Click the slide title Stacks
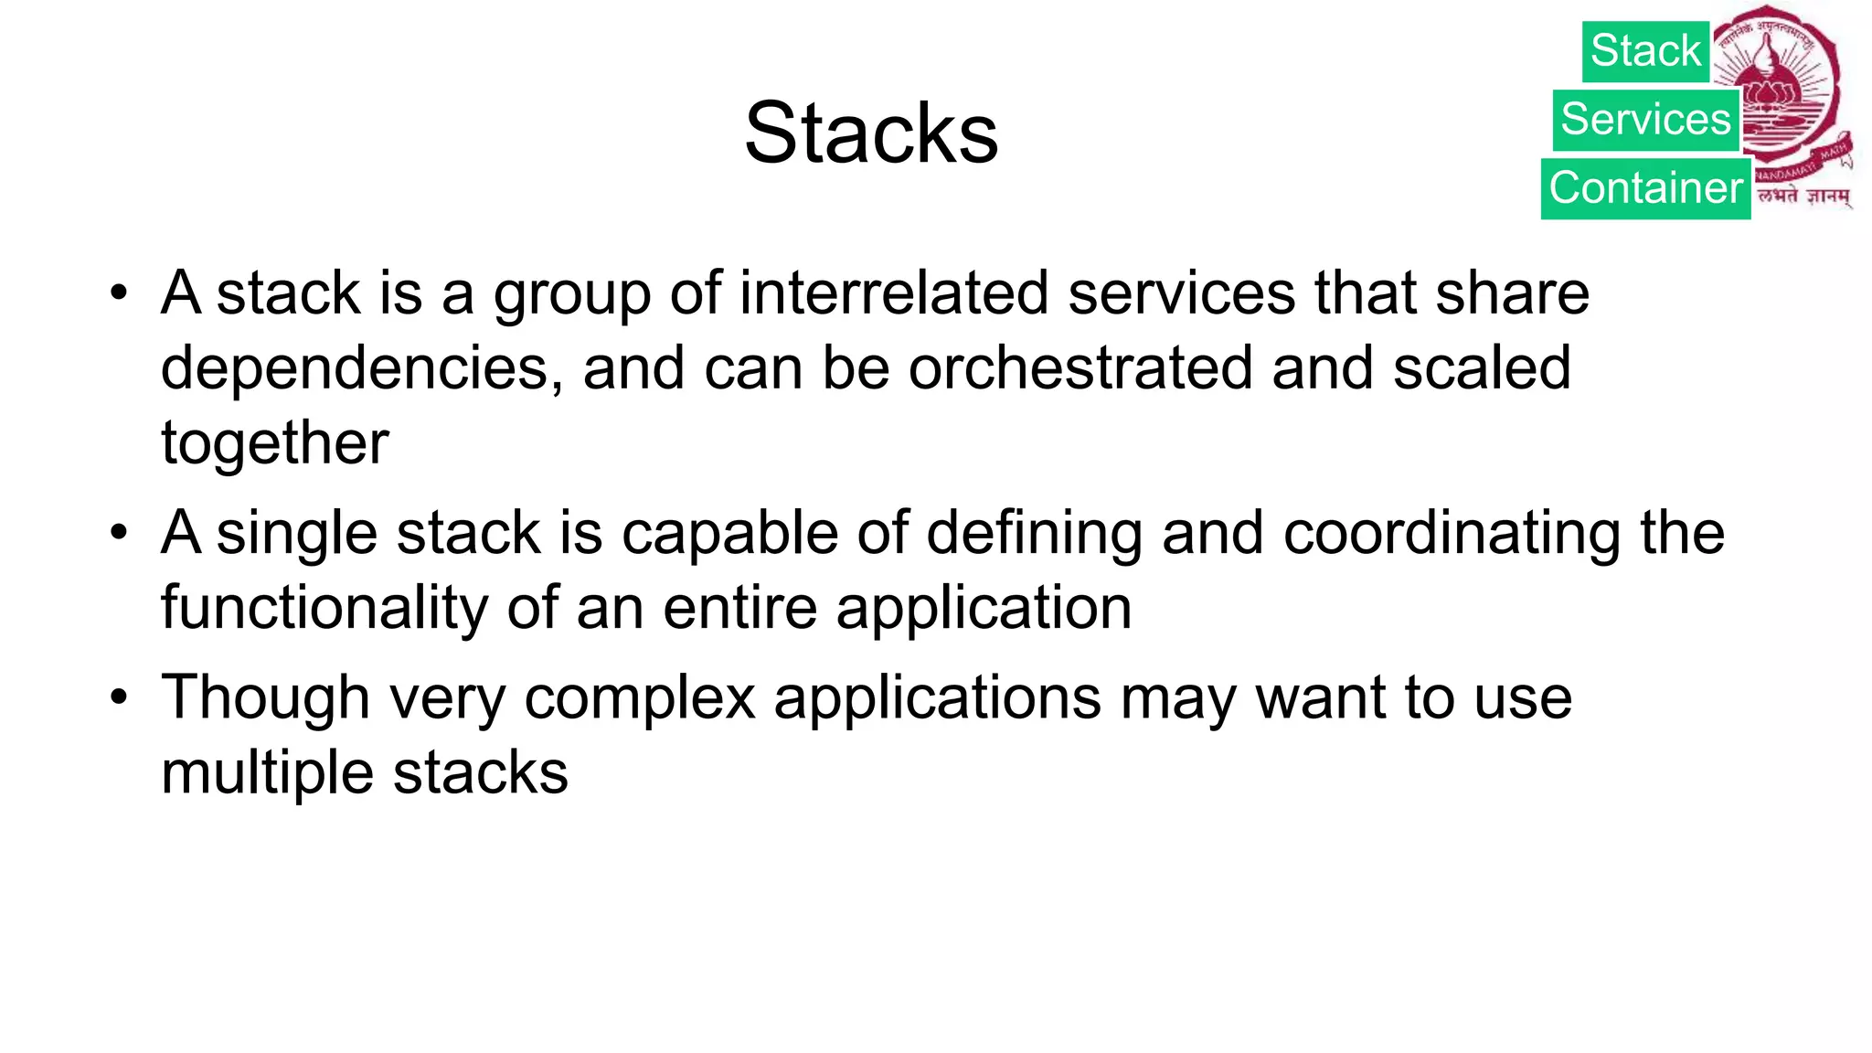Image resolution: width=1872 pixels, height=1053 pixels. pyautogui.click(x=871, y=133)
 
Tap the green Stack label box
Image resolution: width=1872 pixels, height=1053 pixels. pyautogui.click(x=1645, y=51)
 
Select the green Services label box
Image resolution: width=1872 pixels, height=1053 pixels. pyautogui.click(x=1645, y=120)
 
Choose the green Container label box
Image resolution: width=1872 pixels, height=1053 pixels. pyautogui.click(x=1645, y=188)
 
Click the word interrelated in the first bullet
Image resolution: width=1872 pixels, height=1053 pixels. pyautogui.click(x=894, y=293)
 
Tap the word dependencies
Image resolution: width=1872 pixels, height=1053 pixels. pyautogui.click(x=355, y=368)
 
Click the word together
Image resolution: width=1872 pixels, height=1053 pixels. pyautogui.click(x=274, y=443)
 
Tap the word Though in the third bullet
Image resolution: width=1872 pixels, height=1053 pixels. pyautogui.click(x=265, y=698)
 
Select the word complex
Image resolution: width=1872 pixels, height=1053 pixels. pyautogui.click(x=640, y=698)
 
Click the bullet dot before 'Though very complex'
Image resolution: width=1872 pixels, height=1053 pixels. pyautogui.click(x=118, y=697)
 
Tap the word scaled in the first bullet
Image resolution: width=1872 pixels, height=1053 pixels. pyautogui.click(x=1482, y=368)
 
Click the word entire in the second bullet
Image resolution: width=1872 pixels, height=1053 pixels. pyautogui.click(x=739, y=608)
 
